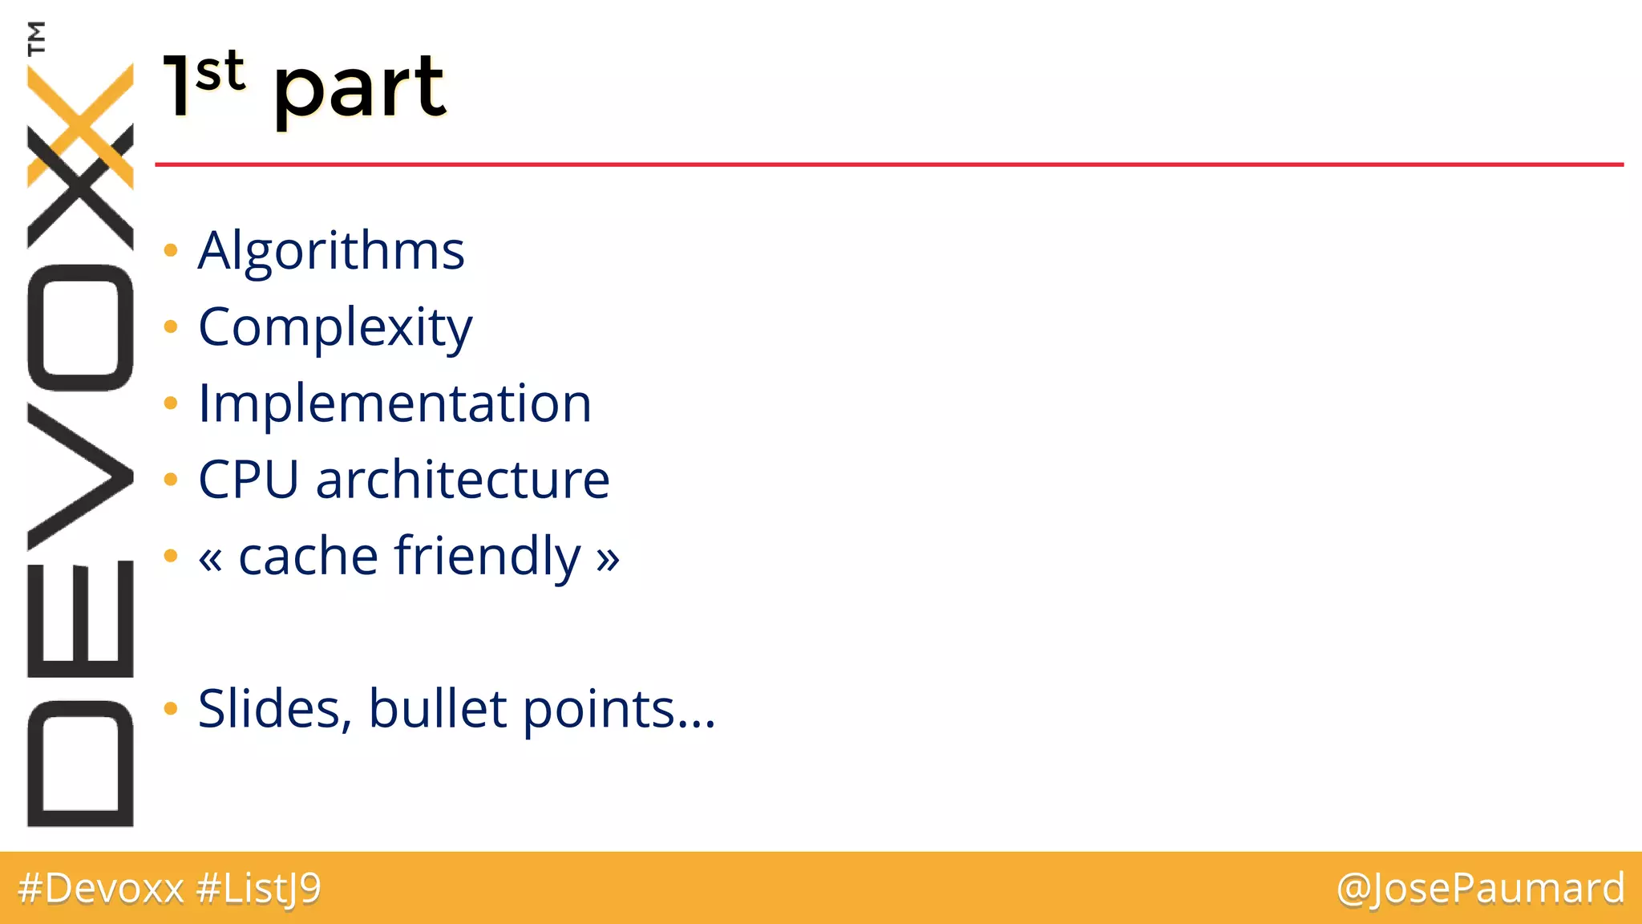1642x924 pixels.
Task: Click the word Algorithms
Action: pyautogui.click(x=330, y=252)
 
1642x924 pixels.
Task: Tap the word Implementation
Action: pyautogui.click(x=394, y=403)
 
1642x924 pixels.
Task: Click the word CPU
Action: pyautogui.click(x=248, y=480)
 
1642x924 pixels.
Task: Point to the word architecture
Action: pyautogui.click(x=463, y=480)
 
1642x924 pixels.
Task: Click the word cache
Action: pyautogui.click(x=308, y=557)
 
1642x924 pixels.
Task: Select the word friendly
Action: pyautogui.click(x=487, y=557)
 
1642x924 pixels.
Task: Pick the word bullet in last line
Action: pyautogui.click(x=438, y=710)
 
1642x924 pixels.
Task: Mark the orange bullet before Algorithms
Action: pyautogui.click(x=170, y=251)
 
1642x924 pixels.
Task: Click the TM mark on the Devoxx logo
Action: pyautogui.click(x=36, y=38)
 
